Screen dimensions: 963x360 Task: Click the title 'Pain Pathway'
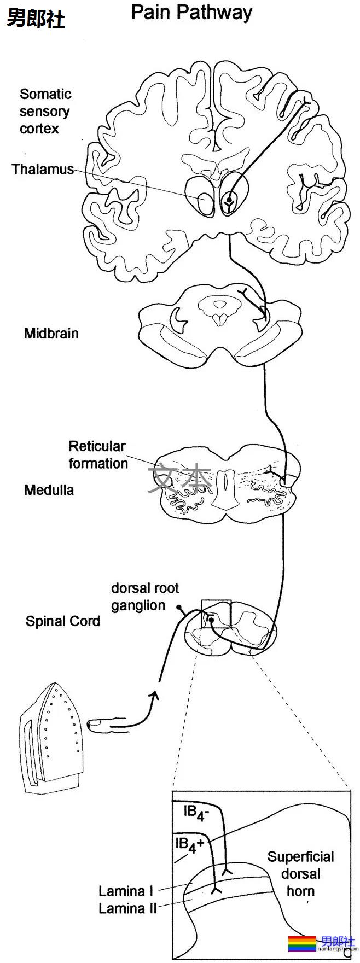tap(191, 13)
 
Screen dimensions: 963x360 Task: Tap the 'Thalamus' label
tap(43, 169)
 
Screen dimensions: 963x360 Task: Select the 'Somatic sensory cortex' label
tap(45, 112)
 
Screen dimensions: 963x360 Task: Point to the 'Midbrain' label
tap(51, 333)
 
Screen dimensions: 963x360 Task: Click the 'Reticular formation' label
tap(97, 455)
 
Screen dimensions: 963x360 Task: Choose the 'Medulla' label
tap(49, 489)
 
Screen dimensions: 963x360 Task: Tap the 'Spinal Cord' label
tap(62, 621)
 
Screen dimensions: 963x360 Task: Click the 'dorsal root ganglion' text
tap(144, 597)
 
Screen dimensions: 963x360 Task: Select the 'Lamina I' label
tap(125, 891)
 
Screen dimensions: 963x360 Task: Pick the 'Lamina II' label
tap(127, 908)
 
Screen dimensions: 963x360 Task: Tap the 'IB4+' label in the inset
tap(189, 845)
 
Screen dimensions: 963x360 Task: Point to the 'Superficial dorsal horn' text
tap(300, 874)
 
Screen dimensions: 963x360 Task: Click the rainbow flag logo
tap(302, 944)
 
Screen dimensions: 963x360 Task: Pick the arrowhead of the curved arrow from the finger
tap(155, 696)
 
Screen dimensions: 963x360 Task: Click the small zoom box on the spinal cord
tap(216, 614)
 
